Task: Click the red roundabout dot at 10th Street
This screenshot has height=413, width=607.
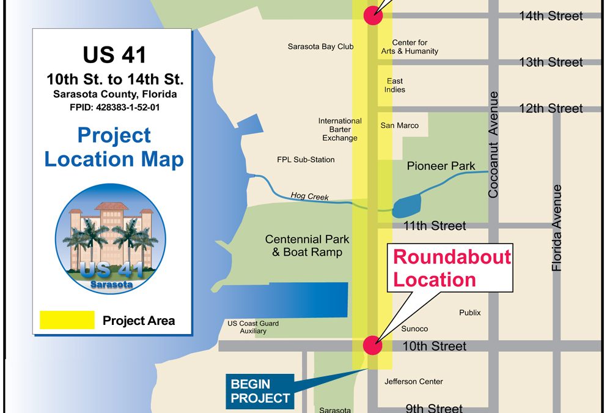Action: (x=372, y=346)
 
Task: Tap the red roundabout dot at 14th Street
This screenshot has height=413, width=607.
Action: (x=373, y=16)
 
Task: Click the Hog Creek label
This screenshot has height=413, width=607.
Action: (x=309, y=196)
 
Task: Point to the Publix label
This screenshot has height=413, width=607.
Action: (x=469, y=313)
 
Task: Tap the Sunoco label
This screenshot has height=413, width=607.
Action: (x=414, y=329)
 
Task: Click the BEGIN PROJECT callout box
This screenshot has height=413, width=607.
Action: (x=260, y=391)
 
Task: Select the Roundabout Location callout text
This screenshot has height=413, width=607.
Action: (x=452, y=268)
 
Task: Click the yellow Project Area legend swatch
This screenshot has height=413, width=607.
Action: (x=67, y=320)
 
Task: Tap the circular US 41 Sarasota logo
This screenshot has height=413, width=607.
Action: (x=102, y=239)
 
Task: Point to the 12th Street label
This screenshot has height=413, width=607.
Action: (x=551, y=108)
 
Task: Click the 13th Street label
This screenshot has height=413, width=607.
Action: (x=551, y=62)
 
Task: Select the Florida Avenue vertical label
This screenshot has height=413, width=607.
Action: (x=556, y=228)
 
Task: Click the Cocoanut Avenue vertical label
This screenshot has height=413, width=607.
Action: (x=493, y=145)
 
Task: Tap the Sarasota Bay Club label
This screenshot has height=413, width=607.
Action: (x=320, y=47)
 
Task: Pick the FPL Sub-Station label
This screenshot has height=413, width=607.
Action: (x=306, y=160)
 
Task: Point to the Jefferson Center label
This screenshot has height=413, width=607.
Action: (x=413, y=382)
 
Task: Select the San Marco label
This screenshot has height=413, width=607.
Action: (x=399, y=125)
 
